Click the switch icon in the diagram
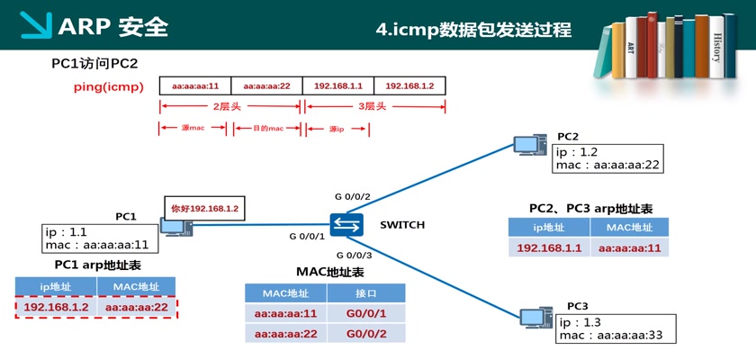pos(345,224)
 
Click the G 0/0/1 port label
pos(306,236)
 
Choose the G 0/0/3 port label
pos(353,256)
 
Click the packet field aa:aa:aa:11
pos(195,85)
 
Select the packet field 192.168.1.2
pos(409,85)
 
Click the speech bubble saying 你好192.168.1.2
pos(205,208)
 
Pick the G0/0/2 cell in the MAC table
pos(365,334)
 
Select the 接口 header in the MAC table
pos(365,293)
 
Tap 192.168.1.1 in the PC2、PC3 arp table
pos(549,248)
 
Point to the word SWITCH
pos(402,224)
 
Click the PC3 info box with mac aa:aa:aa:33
pos(609,329)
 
